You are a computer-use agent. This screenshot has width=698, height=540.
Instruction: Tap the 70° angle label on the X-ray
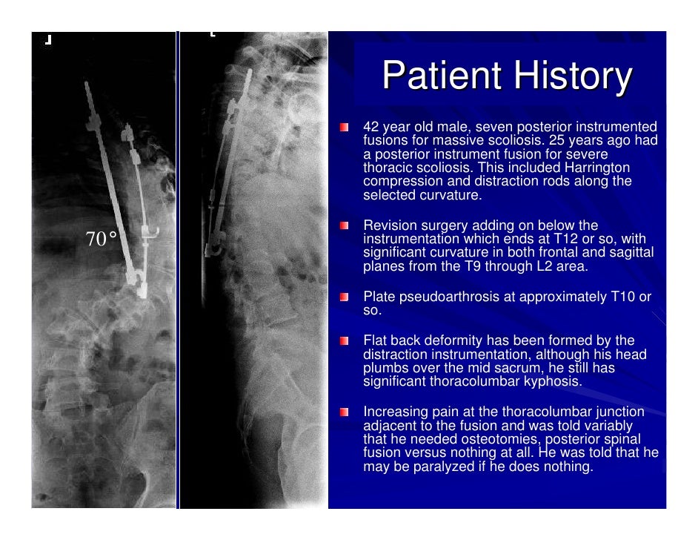click(102, 239)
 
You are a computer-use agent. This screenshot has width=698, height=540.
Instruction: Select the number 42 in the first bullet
click(370, 127)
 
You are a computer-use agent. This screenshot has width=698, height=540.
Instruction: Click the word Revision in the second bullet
click(388, 225)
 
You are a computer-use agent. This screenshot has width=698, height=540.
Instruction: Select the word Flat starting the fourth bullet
click(376, 340)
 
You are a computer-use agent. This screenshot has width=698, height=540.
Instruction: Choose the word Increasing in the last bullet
click(394, 412)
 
